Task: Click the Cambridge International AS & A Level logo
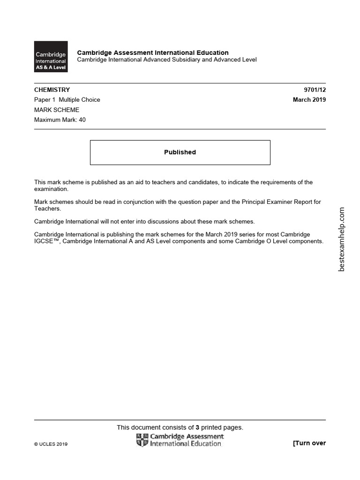(51, 57)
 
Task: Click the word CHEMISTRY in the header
(52, 90)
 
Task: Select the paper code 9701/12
(315, 90)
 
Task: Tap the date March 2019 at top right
(309, 99)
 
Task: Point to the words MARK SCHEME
(57, 110)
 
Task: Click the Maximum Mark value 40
(82, 120)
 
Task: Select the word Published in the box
(180, 152)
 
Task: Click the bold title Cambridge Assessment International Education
(153, 52)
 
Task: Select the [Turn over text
(309, 443)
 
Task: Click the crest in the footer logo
(142, 440)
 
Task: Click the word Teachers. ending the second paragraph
(48, 209)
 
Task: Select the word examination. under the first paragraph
(51, 189)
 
